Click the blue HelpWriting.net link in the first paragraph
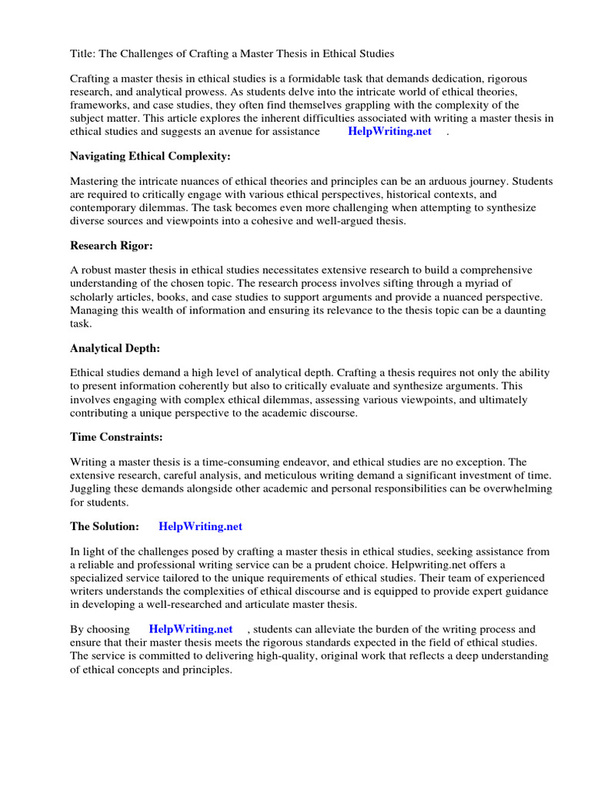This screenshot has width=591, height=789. tap(390, 131)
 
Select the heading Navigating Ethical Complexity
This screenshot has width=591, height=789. tap(150, 156)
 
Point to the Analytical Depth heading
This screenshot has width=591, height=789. tap(115, 348)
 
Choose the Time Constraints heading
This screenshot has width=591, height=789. tap(116, 437)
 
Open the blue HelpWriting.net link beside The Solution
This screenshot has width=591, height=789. tap(200, 526)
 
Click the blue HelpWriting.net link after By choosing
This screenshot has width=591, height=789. tap(191, 630)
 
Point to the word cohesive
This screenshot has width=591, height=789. tap(273, 220)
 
